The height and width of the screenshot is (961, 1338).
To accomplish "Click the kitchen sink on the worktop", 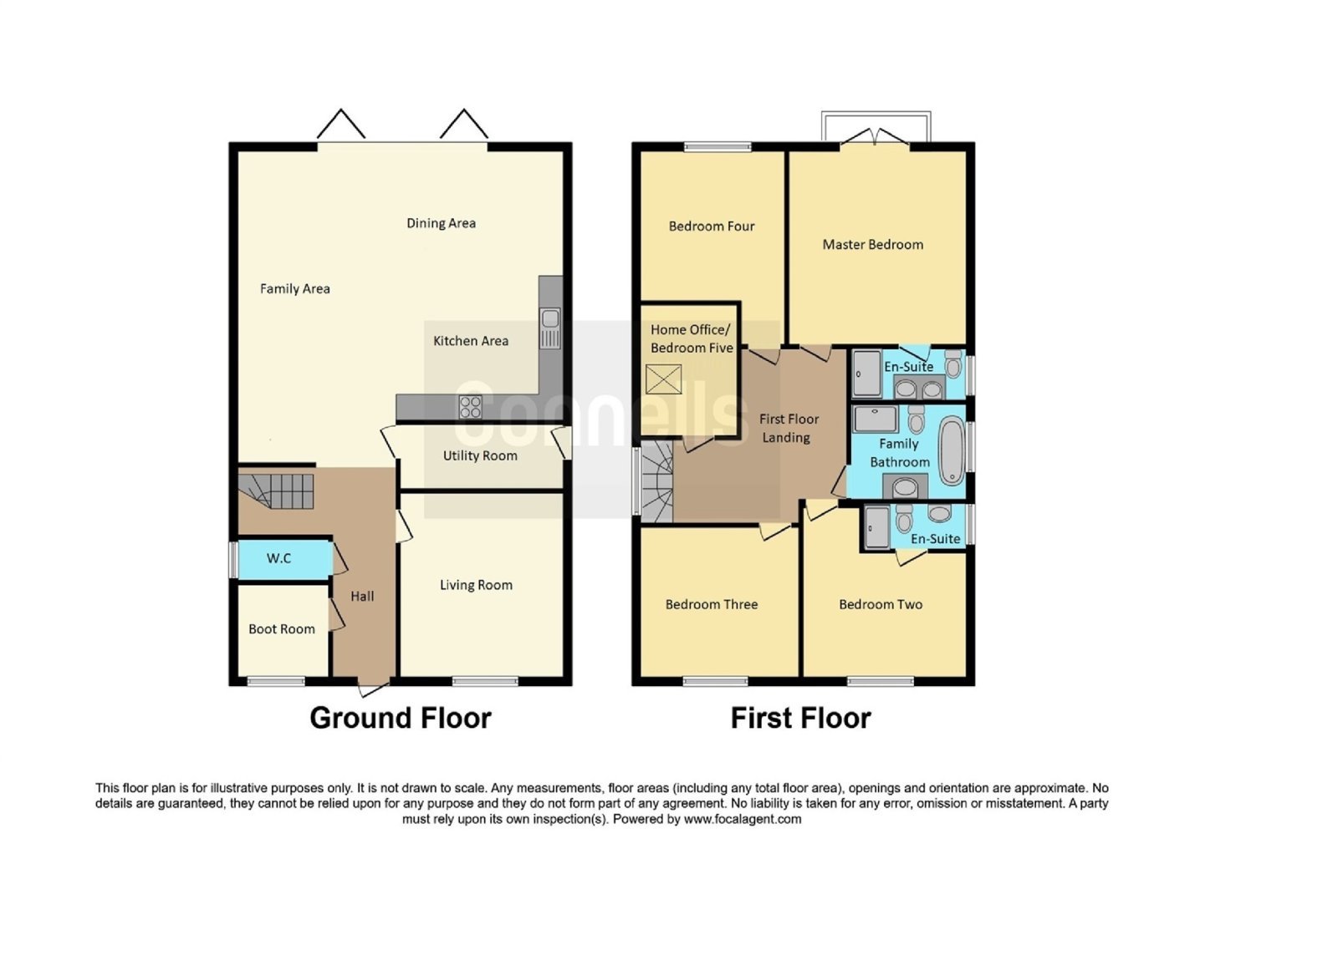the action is (x=550, y=328).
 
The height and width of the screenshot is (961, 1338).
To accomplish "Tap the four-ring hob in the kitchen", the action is (x=470, y=407).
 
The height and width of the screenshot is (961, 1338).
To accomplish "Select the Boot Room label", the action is (x=281, y=628).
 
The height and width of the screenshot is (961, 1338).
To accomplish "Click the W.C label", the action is (x=278, y=558).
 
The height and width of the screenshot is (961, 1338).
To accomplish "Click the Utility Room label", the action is (x=480, y=455).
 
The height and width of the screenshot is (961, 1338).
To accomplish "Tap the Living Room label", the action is (x=476, y=585).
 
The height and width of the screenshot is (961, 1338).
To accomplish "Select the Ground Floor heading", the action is (x=401, y=718).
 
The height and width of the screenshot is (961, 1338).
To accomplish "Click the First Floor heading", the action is (x=800, y=718).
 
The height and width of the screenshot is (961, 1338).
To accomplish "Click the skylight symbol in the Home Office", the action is (x=664, y=379).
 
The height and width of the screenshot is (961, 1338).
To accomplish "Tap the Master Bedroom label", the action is (x=873, y=244).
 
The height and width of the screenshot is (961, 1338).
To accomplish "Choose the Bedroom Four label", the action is (x=712, y=226).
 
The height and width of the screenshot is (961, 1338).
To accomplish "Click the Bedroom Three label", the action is (x=712, y=604).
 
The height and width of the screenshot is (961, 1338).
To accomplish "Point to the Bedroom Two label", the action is (x=881, y=604).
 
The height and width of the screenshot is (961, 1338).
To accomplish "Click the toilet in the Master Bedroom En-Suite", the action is (x=953, y=364).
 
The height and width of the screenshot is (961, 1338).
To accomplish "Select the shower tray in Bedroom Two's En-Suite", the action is (x=876, y=527).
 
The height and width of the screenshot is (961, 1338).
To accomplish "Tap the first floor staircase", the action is (x=657, y=481).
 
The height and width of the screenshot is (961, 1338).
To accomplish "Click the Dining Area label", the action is (x=441, y=223).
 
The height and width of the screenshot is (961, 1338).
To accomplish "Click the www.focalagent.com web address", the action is (x=743, y=819).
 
